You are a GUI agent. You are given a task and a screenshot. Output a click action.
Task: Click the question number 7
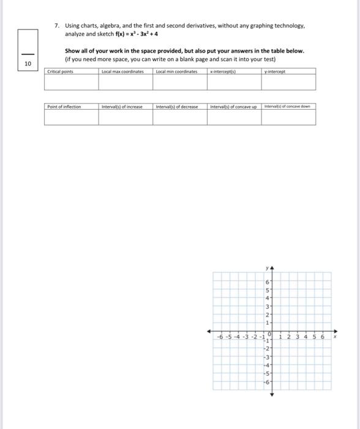point(56,26)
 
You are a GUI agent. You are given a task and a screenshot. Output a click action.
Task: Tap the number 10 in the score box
point(28,64)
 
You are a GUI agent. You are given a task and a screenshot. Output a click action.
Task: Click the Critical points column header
point(59,72)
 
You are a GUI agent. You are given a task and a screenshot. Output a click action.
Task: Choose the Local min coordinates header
point(177,72)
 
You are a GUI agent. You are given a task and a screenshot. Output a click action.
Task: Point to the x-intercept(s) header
point(223,72)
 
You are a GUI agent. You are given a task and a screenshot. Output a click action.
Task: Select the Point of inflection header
point(64,107)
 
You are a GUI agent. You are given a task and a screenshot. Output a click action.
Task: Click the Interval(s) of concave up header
point(233,107)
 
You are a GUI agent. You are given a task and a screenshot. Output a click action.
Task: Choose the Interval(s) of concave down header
point(288,107)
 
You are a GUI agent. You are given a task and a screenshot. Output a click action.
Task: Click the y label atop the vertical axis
point(267,268)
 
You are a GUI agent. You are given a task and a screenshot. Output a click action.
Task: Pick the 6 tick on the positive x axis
point(323,336)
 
